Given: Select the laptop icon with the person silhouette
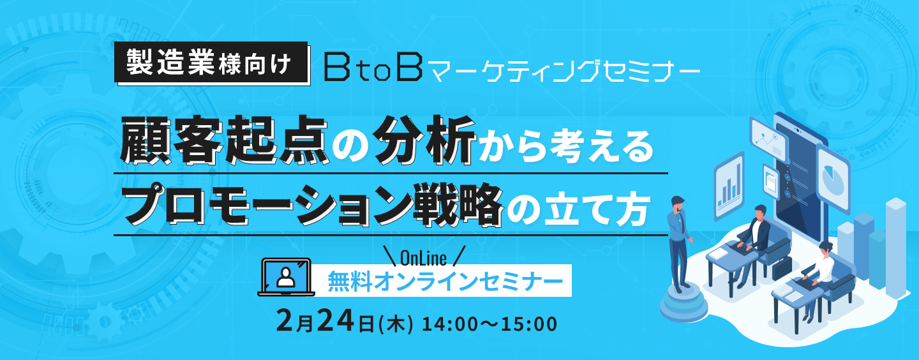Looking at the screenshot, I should click(x=285, y=276).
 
